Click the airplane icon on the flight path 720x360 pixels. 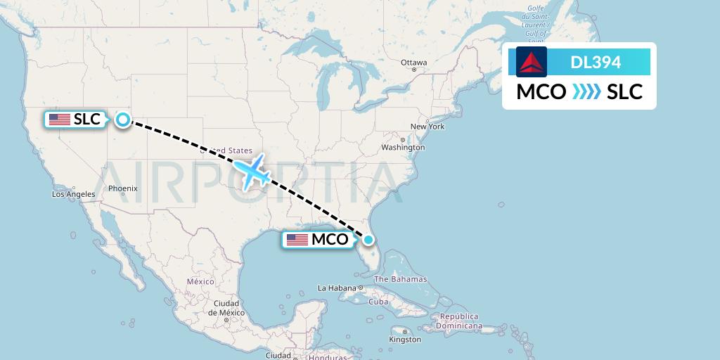point(252,171)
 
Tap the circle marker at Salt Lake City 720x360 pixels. point(123,120)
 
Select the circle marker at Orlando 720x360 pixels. point(368,239)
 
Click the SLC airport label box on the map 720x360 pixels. point(75,120)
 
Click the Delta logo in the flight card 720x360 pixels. point(532,62)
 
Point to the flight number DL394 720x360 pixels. point(596,63)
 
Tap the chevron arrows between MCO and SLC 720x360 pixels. point(586,91)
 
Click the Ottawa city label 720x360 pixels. point(413,63)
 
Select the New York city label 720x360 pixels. point(427,127)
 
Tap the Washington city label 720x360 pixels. point(403,148)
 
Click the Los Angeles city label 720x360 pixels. point(73,194)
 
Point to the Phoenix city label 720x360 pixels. point(123,188)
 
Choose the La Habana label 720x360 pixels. point(338,288)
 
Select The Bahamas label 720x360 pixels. point(400,279)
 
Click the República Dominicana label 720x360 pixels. point(458,321)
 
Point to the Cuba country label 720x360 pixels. point(378,302)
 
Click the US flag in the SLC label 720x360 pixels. point(60,120)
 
